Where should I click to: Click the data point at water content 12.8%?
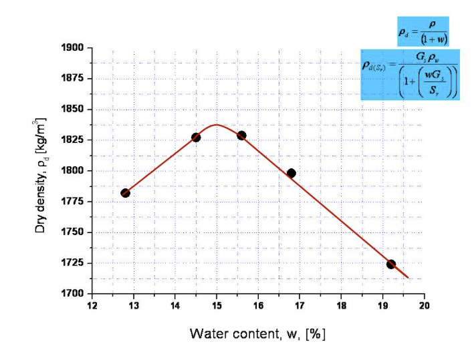(x=125, y=193)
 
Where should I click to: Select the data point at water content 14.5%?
(x=196, y=138)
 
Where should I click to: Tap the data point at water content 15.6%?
(x=241, y=136)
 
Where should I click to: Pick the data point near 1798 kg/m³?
(x=291, y=173)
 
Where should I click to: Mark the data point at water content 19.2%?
(x=391, y=264)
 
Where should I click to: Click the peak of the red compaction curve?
(x=217, y=124)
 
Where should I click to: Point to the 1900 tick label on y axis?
(x=74, y=48)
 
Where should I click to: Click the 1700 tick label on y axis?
(x=74, y=294)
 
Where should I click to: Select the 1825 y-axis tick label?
(x=74, y=140)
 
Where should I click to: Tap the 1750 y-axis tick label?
(x=74, y=232)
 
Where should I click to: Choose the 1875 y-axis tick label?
(x=74, y=79)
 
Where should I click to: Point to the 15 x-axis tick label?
(x=217, y=306)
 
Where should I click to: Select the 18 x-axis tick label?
(x=341, y=306)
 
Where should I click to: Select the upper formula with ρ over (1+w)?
(x=423, y=33)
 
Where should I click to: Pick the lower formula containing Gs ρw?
(x=410, y=75)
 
